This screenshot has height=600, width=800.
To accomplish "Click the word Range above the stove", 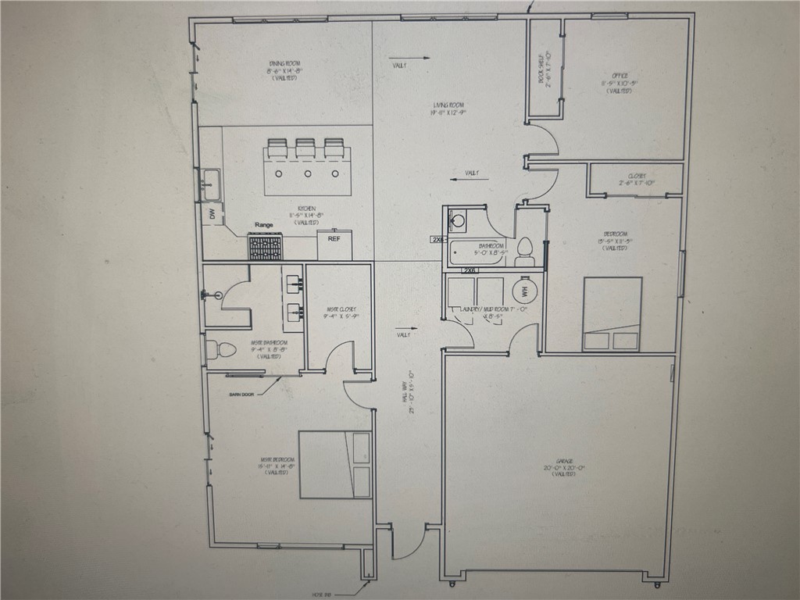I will coord(264,225).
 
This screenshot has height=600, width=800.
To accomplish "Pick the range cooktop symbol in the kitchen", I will coord(266,246).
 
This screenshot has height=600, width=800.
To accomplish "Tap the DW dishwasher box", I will coord(212,213).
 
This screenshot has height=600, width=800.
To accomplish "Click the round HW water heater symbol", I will coord(524,292).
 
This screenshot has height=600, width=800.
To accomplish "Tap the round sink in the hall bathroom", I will coord(458,220).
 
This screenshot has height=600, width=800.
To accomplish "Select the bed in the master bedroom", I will coord(335,464).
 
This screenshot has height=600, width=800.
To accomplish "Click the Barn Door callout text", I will coord(241,395).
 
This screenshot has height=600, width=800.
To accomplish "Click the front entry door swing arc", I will coord(412,542).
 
